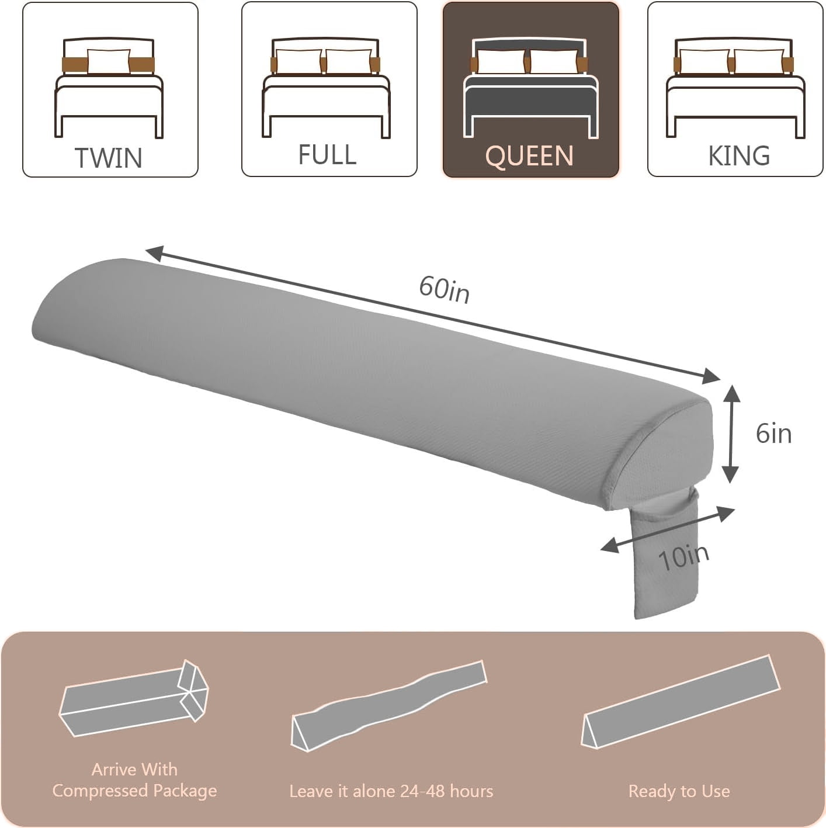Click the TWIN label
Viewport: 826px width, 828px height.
[x=108, y=158]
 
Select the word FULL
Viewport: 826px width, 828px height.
[x=327, y=155]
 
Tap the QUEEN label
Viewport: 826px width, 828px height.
[x=529, y=156]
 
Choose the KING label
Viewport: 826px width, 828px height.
[x=739, y=155]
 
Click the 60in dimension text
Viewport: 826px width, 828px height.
[x=444, y=290]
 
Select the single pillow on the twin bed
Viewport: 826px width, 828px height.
[x=109, y=61]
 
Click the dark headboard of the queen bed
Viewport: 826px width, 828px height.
[x=529, y=44]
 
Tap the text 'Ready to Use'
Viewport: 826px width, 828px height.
[x=679, y=791]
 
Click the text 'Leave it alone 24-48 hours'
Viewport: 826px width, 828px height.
[x=391, y=791]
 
